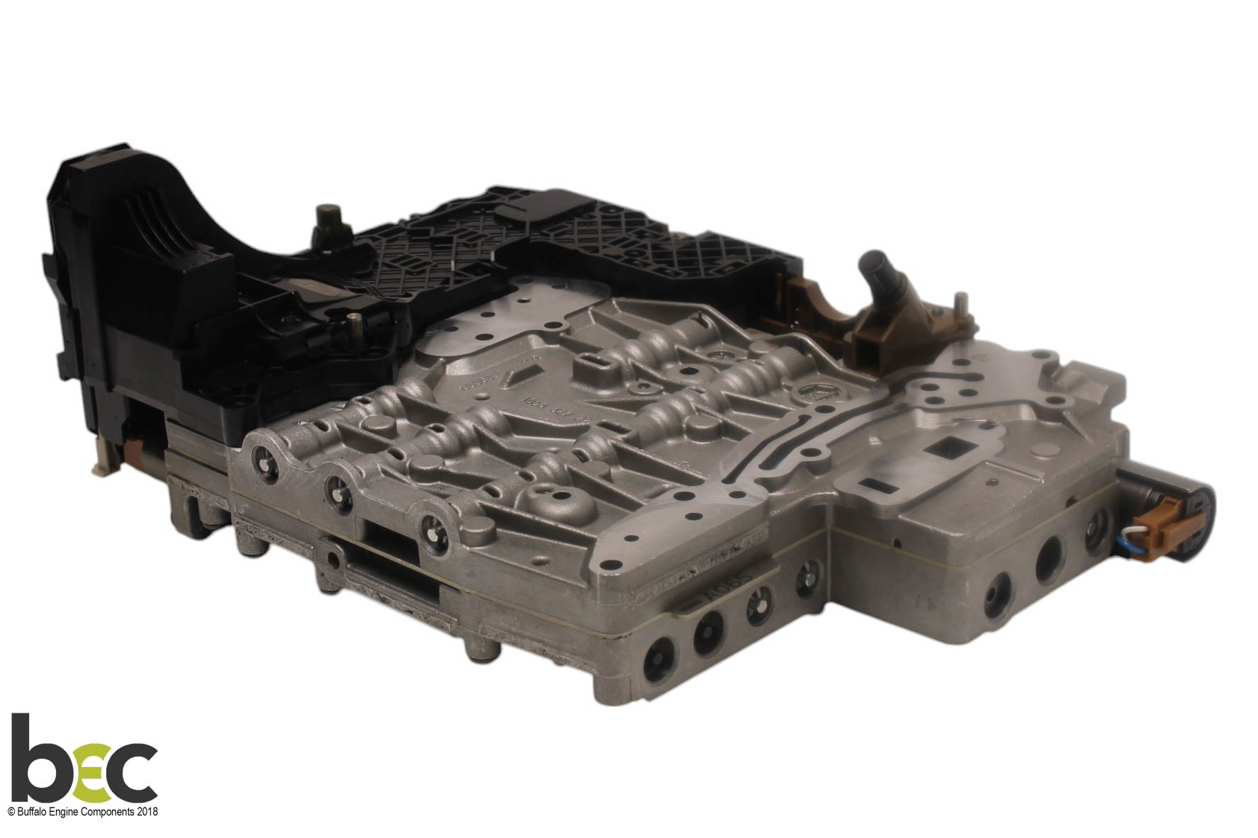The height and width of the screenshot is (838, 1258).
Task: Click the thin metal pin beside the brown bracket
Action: pyautogui.click(x=962, y=305)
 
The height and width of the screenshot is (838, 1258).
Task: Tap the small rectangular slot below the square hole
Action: pyautogui.click(x=877, y=487)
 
